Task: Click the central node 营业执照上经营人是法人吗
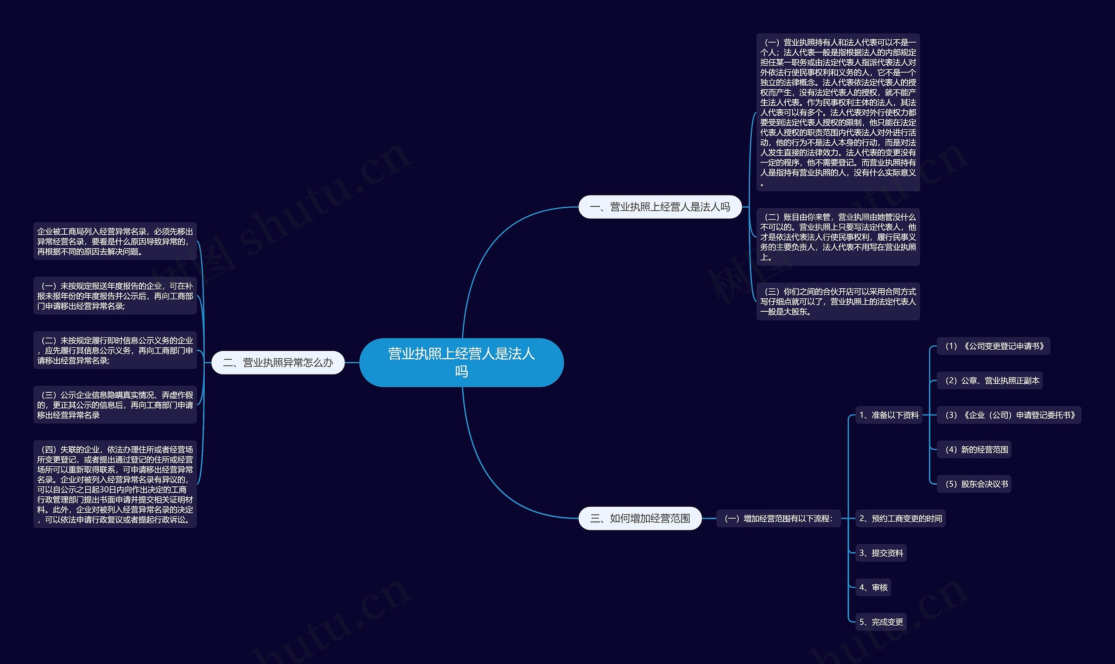pos(461,362)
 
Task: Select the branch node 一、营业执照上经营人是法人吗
pos(660,207)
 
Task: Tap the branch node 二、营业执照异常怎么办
pos(278,362)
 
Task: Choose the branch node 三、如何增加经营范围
pos(640,518)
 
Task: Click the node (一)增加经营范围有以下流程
pos(778,518)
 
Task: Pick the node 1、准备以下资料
pos(889,415)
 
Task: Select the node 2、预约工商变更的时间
pos(900,518)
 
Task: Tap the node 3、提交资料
pos(881,553)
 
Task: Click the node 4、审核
pos(873,587)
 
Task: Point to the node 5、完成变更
pos(881,621)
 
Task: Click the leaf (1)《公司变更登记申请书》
pos(994,346)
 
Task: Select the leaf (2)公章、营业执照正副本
pos(990,380)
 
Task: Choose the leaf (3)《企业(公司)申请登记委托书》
pos(1009,415)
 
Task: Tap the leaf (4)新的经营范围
pos(974,449)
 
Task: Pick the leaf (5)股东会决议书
pos(974,484)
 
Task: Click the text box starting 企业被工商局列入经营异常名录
pos(115,241)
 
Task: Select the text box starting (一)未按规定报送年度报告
pos(115,296)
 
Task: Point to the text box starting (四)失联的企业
pos(115,484)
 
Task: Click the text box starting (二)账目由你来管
pos(838,237)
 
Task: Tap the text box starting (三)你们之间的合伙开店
pos(838,301)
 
